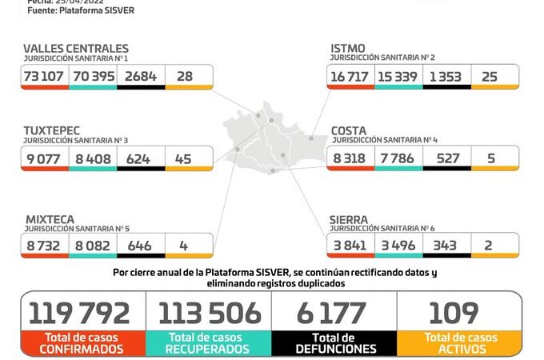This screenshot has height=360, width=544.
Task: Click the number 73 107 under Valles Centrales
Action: tap(45, 76)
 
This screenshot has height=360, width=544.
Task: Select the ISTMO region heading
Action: tap(349, 49)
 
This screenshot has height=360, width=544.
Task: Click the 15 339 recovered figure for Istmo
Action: tap(398, 76)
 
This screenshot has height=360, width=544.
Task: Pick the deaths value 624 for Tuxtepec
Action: tap(140, 158)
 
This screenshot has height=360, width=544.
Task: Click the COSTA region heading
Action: tap(350, 130)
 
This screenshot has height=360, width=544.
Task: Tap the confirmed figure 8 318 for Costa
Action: tap(350, 158)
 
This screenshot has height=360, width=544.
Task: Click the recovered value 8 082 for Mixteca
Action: tap(92, 245)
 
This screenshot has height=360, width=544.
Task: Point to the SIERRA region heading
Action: tap(349, 218)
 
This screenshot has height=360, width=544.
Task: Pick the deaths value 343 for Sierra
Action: tap(446, 245)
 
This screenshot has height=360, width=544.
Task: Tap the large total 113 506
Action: tap(209, 313)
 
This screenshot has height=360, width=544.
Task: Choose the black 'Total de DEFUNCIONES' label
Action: tap(334, 343)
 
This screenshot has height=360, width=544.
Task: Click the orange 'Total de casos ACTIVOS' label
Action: tap(459, 343)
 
